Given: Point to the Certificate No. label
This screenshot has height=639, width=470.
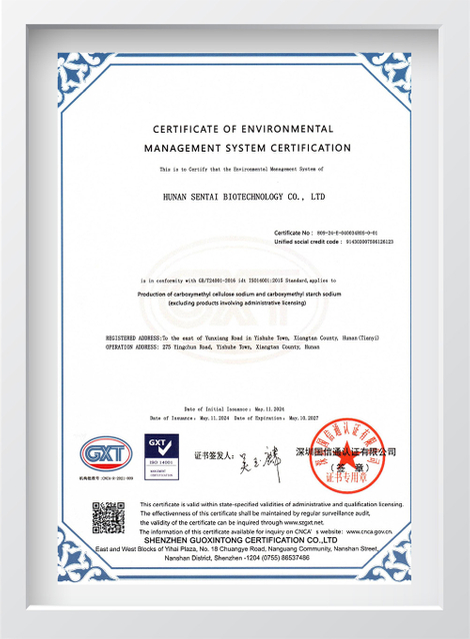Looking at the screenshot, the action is (295, 232).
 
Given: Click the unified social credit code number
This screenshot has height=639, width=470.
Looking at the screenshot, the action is (369, 241).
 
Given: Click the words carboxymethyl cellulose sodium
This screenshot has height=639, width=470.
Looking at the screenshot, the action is (225, 297).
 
